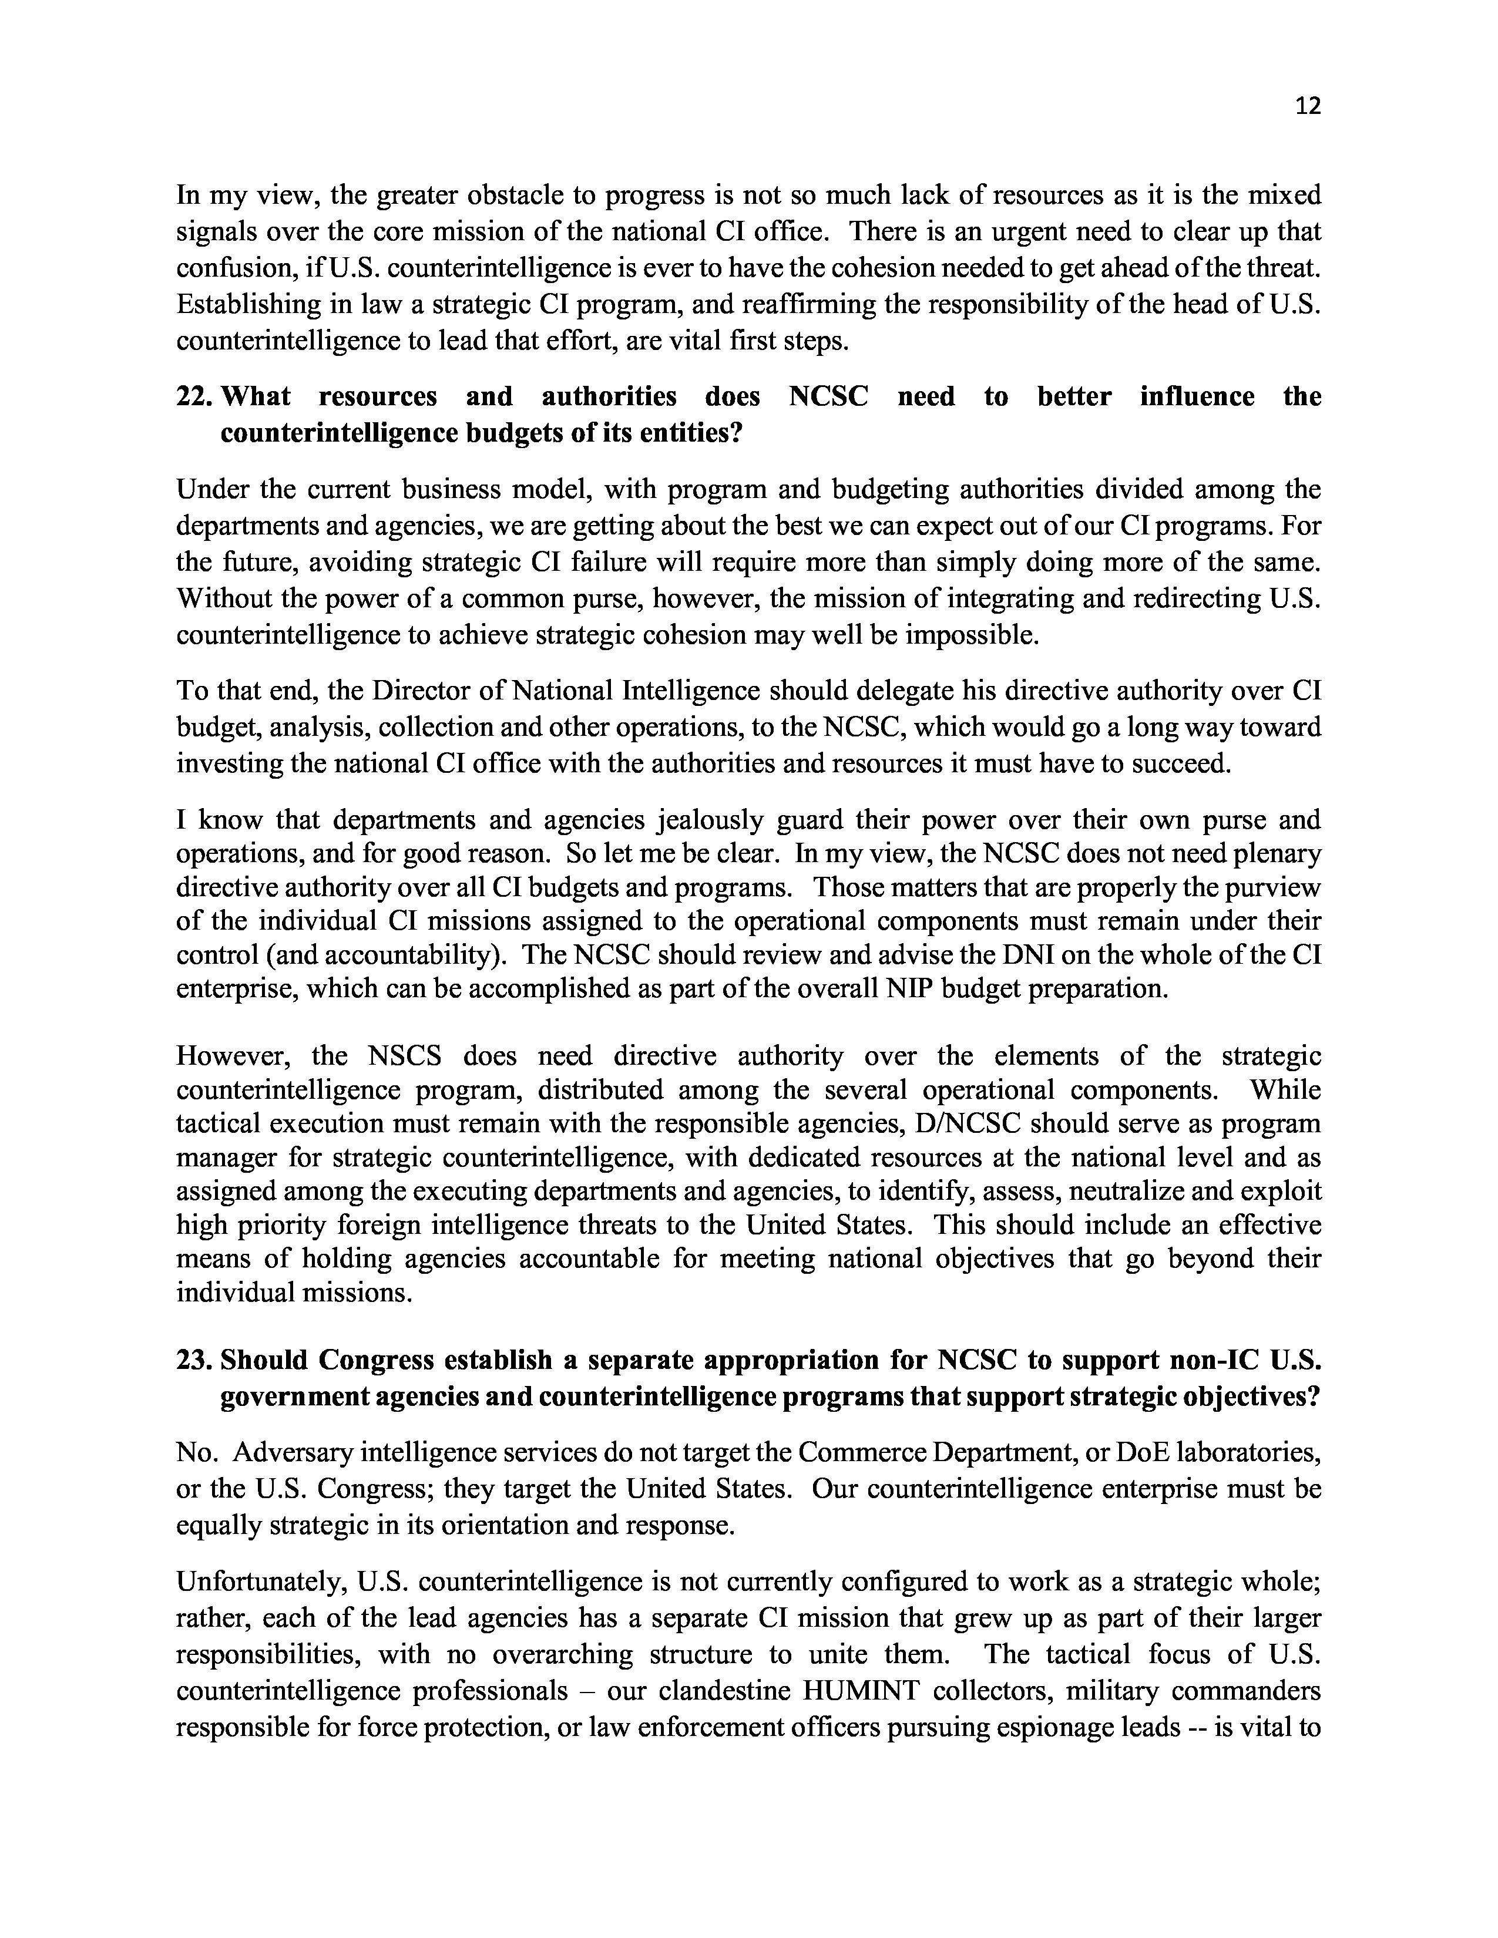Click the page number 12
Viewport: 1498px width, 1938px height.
point(1308,106)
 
